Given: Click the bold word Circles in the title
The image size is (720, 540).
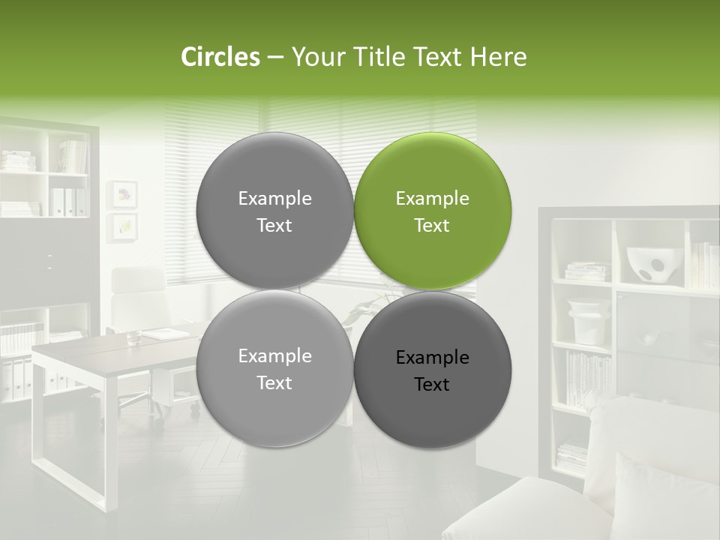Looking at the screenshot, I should (x=220, y=57).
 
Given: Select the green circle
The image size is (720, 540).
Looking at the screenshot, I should (x=432, y=211).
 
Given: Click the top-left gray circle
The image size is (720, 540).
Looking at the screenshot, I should (x=274, y=211).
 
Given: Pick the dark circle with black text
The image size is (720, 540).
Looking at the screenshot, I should (x=432, y=370).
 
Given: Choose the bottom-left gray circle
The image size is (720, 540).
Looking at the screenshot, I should (x=274, y=368).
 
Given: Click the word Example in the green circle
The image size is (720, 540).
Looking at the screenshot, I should (x=432, y=199).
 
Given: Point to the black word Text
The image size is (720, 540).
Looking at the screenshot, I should (x=432, y=385).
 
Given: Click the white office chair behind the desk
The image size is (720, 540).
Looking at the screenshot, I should (x=139, y=300).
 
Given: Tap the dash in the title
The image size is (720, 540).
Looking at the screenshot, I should (x=274, y=57).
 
